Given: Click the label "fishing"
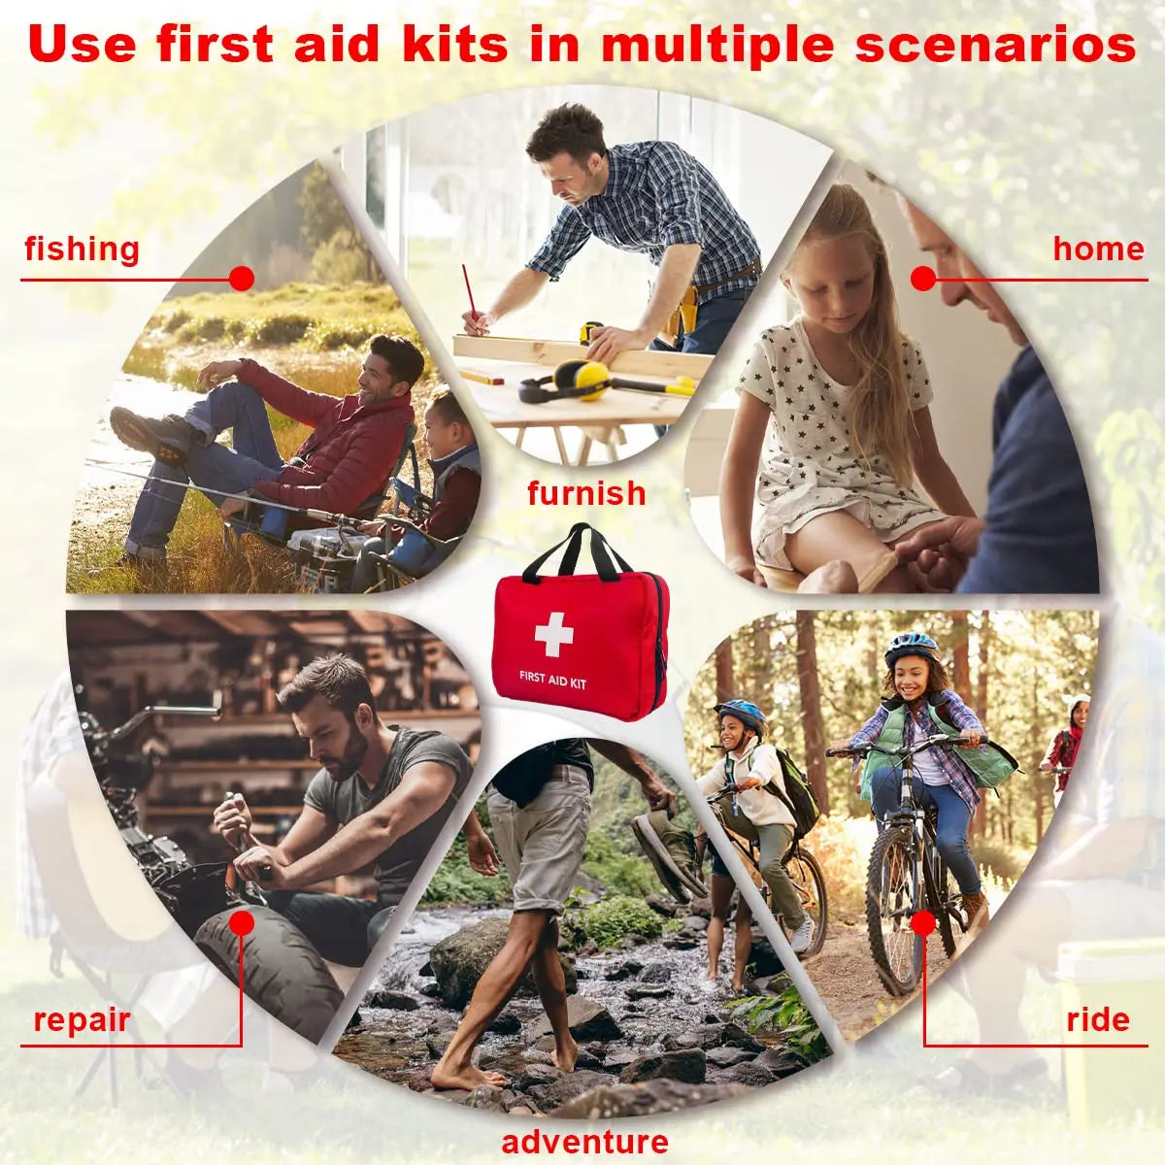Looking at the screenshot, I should (82, 250).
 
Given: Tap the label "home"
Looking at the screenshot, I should (1098, 250).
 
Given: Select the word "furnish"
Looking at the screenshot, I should (586, 493).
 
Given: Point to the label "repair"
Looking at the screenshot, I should (82, 1020).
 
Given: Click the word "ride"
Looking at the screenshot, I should (1098, 1020).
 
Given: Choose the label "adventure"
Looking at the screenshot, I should (584, 1142).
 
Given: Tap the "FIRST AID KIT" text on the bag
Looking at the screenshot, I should (552, 680).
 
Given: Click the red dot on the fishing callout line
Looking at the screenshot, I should (242, 280).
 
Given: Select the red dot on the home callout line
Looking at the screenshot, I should (923, 280).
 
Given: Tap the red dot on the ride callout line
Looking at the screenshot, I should (923, 920).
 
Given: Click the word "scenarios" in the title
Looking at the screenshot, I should (995, 45).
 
